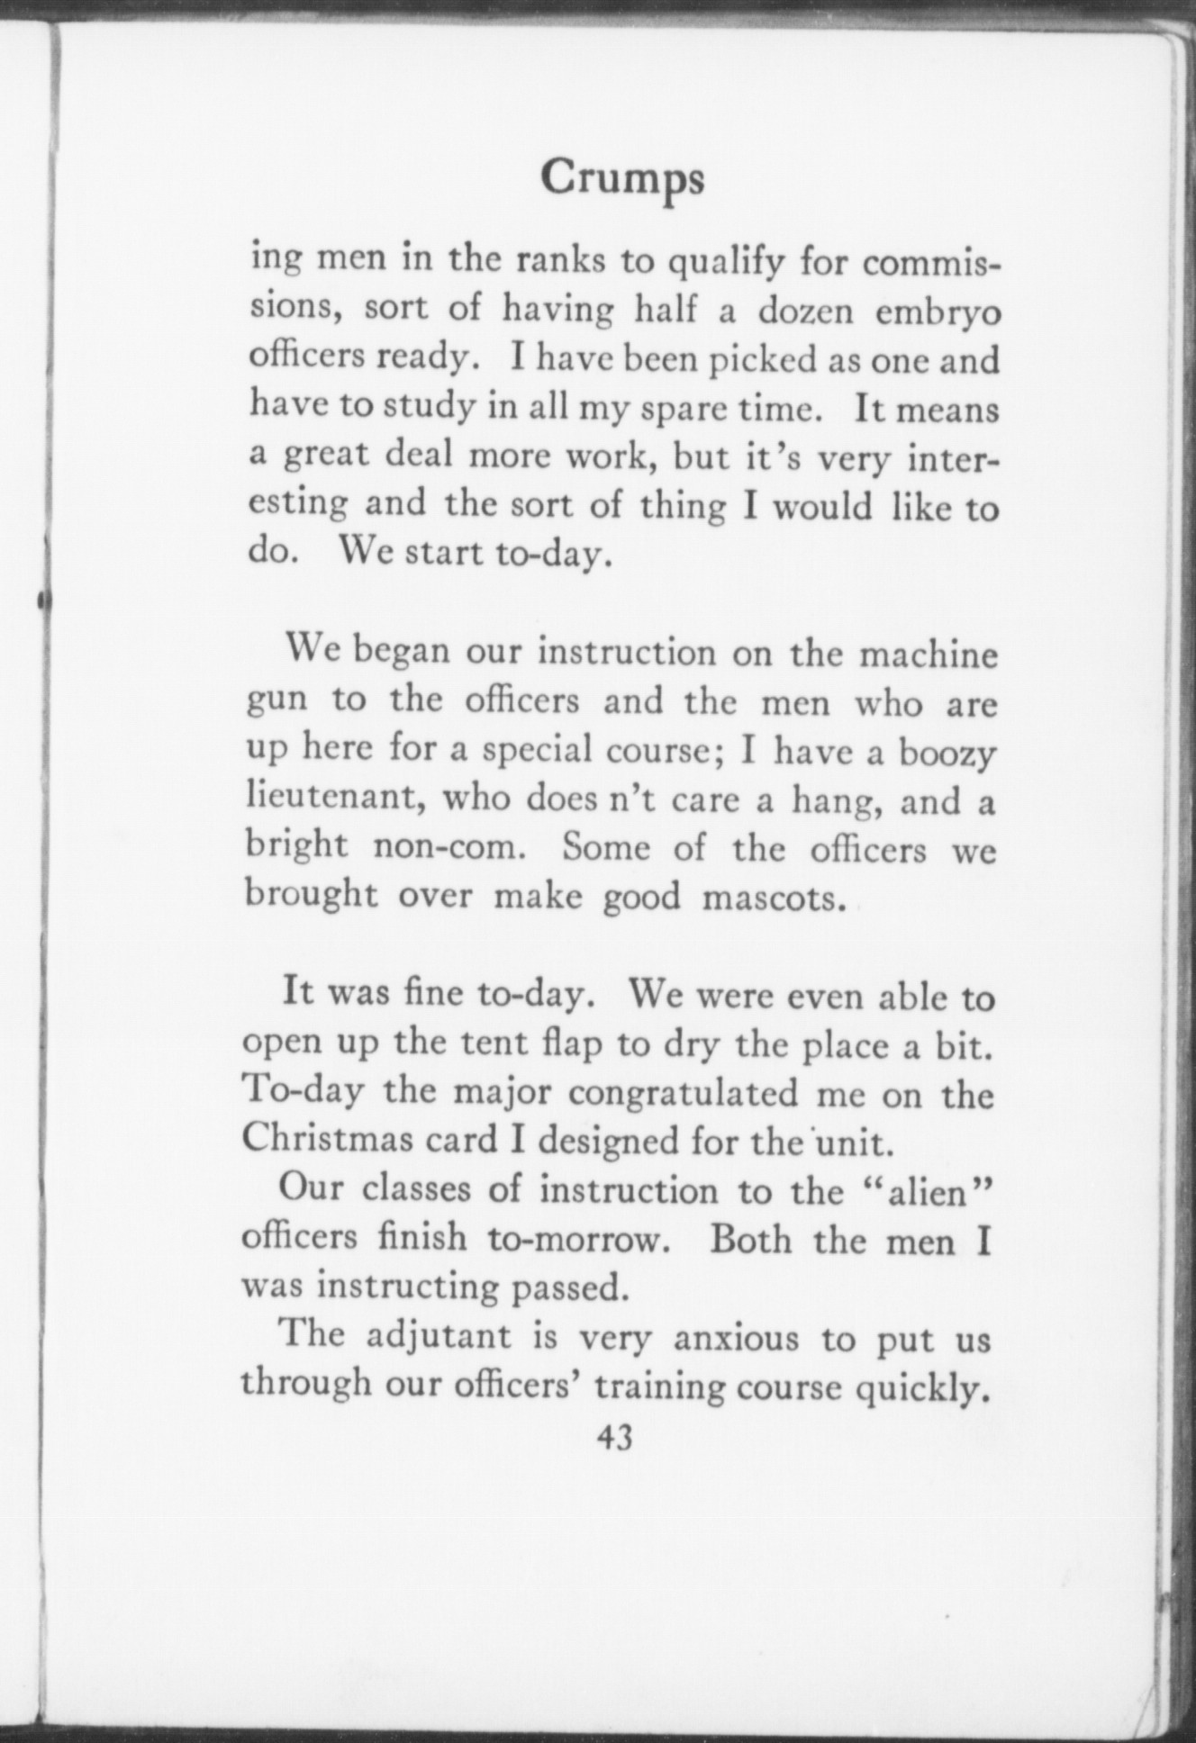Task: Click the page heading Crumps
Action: (x=622, y=179)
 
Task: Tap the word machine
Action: (x=929, y=655)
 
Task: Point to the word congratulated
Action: (x=684, y=1094)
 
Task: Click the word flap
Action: (x=564, y=1043)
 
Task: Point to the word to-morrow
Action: (x=580, y=1241)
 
